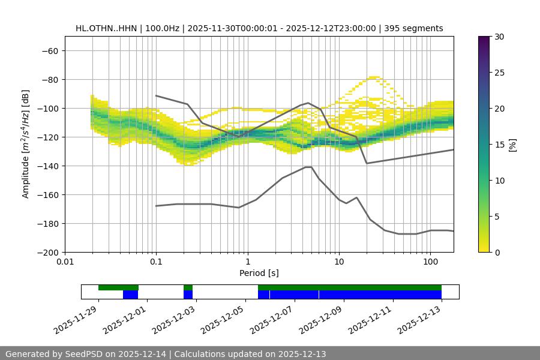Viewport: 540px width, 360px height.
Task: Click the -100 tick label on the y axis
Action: pos(48,108)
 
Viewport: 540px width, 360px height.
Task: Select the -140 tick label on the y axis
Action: pos(48,166)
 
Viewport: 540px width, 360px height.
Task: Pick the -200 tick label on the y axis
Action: pos(48,252)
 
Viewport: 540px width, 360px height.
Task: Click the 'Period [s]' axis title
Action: pos(259,274)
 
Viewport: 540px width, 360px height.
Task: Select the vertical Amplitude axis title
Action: pos(26,144)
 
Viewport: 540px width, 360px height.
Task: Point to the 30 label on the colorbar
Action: pos(499,37)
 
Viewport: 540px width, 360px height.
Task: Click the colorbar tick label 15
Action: pos(499,145)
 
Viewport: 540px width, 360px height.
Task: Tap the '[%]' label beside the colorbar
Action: pos(512,145)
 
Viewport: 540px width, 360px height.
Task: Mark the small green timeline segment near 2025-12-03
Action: pos(188,287)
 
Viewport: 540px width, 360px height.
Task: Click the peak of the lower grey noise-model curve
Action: pos(308,167)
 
